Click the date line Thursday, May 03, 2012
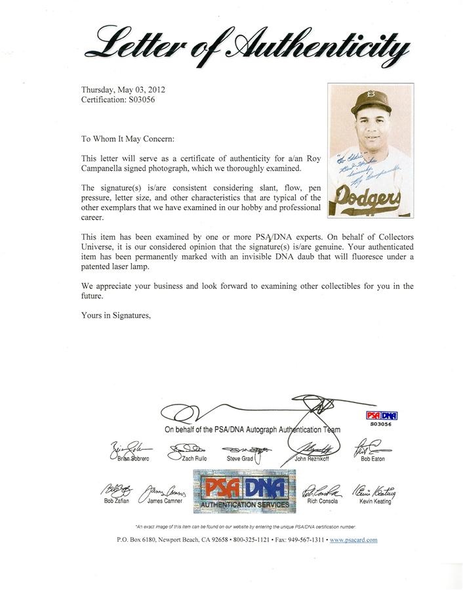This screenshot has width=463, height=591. point(121,89)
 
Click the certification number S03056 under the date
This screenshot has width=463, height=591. point(117,100)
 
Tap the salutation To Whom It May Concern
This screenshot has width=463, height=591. point(128,139)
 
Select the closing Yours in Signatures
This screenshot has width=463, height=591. point(116,315)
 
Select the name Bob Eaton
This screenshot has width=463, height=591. point(372,458)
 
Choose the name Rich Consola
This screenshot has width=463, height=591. point(323,501)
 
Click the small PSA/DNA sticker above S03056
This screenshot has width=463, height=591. point(380,416)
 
